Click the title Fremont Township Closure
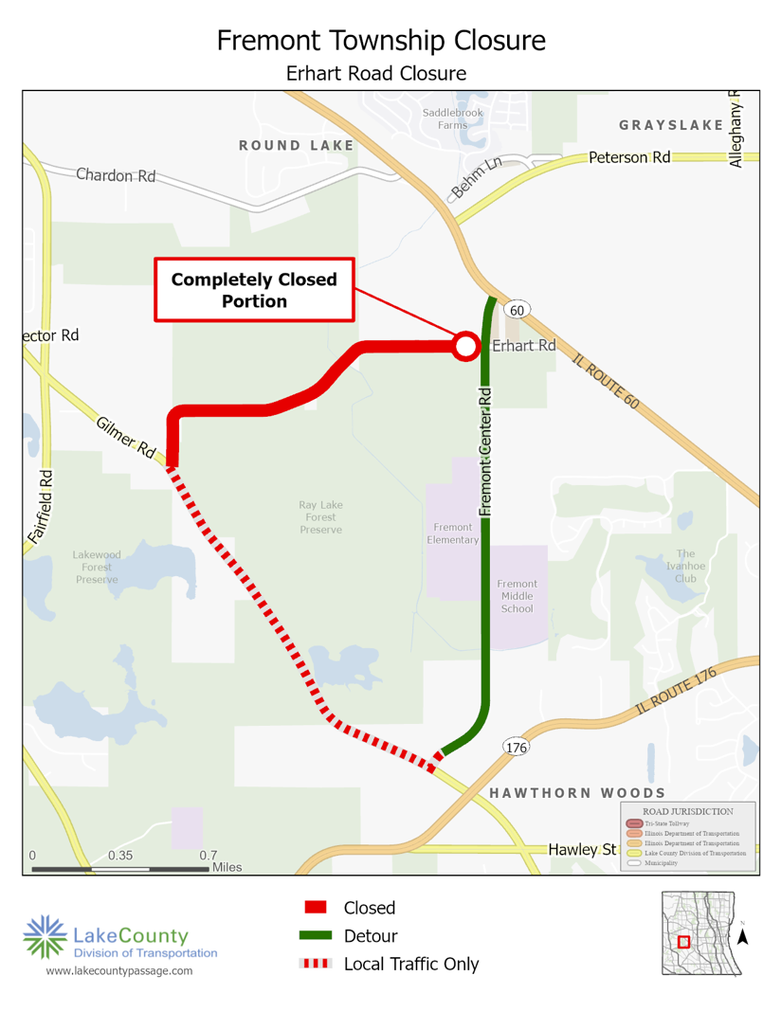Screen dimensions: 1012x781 pyautogui.click(x=380, y=41)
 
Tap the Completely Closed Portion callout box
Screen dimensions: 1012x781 pyautogui.click(x=254, y=290)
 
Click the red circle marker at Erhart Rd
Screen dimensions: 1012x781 pyautogui.click(x=465, y=346)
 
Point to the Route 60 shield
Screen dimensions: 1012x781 pyautogui.click(x=517, y=310)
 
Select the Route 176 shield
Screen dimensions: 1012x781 pyautogui.click(x=515, y=749)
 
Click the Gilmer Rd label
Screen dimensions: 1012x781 pyautogui.click(x=126, y=436)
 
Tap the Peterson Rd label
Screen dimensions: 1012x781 pyautogui.click(x=629, y=156)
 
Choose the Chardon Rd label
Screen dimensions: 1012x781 pyautogui.click(x=115, y=175)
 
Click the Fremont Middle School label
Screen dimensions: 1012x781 pyautogui.click(x=518, y=596)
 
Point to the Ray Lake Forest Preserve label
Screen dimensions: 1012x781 pyautogui.click(x=320, y=517)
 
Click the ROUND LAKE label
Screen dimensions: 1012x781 pyautogui.click(x=297, y=146)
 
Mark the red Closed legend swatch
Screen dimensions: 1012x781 pyautogui.click(x=316, y=908)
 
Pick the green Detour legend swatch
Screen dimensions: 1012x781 pyautogui.click(x=316, y=936)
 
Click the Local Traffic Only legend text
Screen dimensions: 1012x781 pyautogui.click(x=410, y=965)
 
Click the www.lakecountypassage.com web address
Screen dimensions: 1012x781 pyautogui.click(x=119, y=970)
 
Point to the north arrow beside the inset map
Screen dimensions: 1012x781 pyautogui.click(x=744, y=935)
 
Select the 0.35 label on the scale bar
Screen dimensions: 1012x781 pyautogui.click(x=120, y=855)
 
